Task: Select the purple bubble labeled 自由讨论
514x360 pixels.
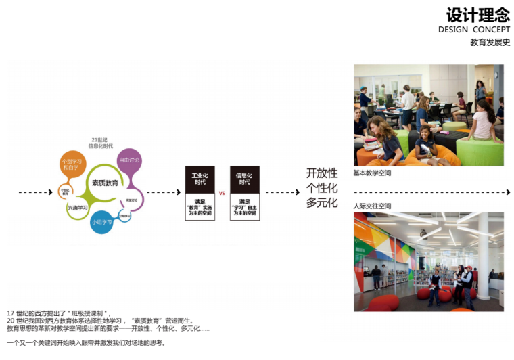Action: coord(129,160)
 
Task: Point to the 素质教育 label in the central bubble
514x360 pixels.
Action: coord(106,183)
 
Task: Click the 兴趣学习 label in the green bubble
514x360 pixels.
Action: coord(78,208)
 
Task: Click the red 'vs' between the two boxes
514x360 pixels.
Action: coord(222,193)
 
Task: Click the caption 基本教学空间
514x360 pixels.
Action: coord(372,173)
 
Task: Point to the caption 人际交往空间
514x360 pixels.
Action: coord(372,206)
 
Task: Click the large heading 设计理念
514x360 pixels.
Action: coord(478,14)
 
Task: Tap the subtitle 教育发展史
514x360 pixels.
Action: coord(490,42)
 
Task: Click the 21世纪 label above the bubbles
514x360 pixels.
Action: coord(99,140)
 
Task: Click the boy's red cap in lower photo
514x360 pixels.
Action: coord(466,269)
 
